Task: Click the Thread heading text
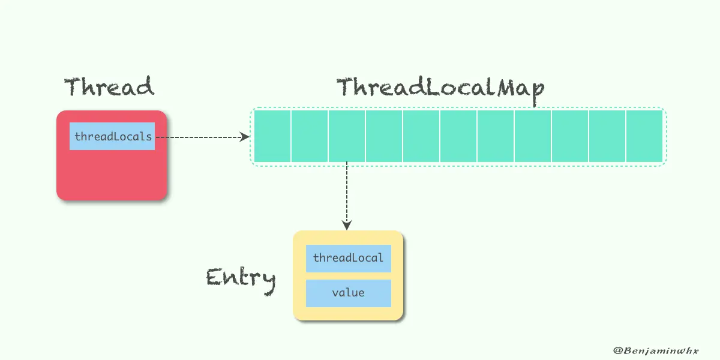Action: (x=109, y=88)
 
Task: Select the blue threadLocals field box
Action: (x=112, y=136)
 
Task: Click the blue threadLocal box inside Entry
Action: (x=348, y=259)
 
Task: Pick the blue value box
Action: (x=348, y=293)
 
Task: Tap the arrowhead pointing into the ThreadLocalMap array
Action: (x=245, y=137)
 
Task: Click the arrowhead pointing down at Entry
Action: (x=347, y=225)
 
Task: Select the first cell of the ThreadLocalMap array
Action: (x=272, y=136)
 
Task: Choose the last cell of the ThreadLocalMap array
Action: (x=644, y=136)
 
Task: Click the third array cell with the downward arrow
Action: (x=347, y=136)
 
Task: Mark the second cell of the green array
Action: (x=310, y=136)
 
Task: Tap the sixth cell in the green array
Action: (x=458, y=136)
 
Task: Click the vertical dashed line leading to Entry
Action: (x=347, y=192)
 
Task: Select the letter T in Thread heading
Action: (x=73, y=88)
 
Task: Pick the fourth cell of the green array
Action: (x=384, y=136)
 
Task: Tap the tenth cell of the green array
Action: (x=607, y=136)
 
